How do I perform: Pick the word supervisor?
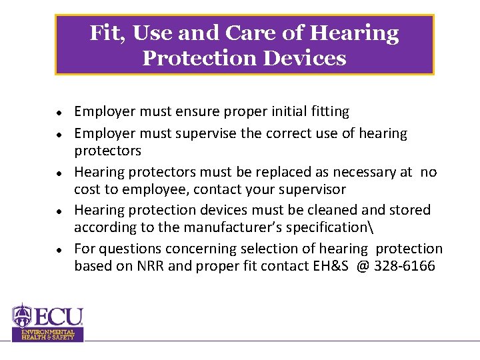tap(313, 189)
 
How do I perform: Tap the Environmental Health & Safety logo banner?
tap(48, 335)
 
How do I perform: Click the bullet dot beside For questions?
tap(59, 249)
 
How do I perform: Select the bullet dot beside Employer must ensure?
tap(59, 112)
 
